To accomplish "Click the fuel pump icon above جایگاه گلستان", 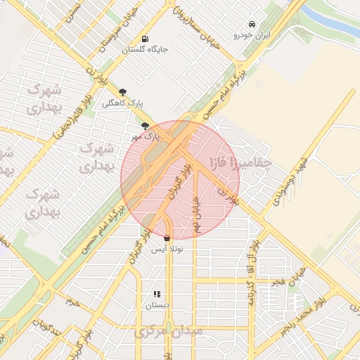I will [145, 39].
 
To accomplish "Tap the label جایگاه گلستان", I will [145, 50].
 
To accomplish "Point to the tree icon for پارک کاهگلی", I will [123, 91].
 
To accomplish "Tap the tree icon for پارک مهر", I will [146, 126].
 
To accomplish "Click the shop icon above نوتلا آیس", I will [167, 238].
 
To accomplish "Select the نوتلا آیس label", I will [167, 250].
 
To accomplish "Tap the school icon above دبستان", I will [157, 294].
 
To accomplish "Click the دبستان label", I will [157, 306].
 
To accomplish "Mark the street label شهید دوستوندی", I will [285, 179].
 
